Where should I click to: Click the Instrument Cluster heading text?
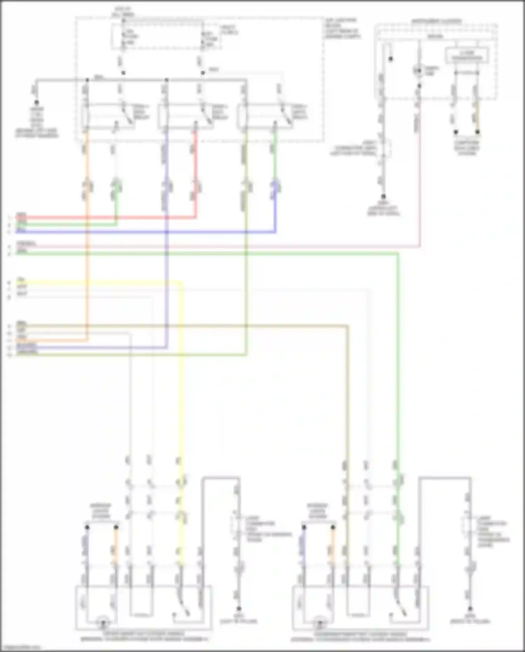[436, 21]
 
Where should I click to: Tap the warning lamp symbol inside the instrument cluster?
[418, 71]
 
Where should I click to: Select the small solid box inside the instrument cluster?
[467, 56]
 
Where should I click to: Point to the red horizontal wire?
[105, 218]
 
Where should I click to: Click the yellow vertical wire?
[181, 385]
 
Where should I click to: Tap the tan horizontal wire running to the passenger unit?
[210, 326]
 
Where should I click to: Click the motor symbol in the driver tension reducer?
[103, 623]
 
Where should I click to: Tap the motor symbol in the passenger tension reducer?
[320, 623]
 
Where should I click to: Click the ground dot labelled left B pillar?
[239, 609]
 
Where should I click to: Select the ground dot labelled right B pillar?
[470, 609]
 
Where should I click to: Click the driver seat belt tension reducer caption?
[143, 636]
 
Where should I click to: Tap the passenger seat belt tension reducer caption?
[360, 636]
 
